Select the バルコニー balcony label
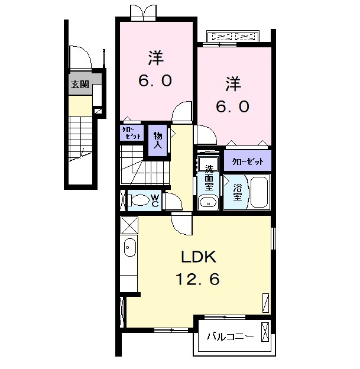[x=230, y=337]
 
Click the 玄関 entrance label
[x=80, y=85]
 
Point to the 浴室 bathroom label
[x=237, y=190]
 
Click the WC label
[x=154, y=200]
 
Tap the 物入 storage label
[x=158, y=140]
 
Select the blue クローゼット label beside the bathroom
[x=247, y=161]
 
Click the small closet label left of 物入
[x=131, y=132]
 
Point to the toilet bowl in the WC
[x=139, y=200]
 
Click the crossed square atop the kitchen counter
[x=129, y=225]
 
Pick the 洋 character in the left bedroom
[x=155, y=58]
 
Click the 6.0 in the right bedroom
[x=232, y=106]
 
